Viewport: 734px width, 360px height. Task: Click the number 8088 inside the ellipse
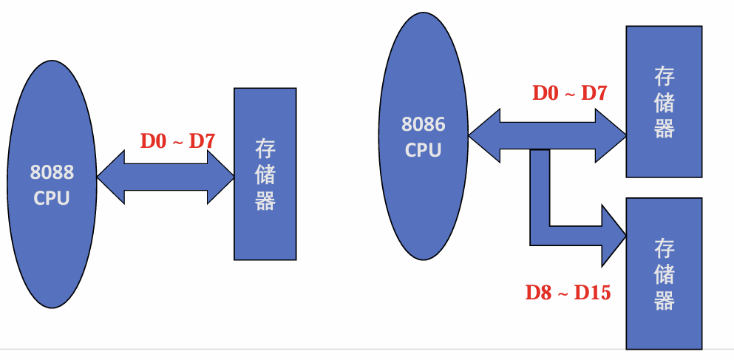[x=52, y=173]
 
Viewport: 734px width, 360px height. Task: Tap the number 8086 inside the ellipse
[x=424, y=124]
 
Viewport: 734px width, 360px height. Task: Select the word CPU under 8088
[x=52, y=198]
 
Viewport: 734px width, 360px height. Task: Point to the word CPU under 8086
[x=424, y=150]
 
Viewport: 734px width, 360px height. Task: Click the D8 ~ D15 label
[x=568, y=293]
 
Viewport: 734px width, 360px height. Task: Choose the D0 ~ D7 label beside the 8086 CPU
[x=569, y=94]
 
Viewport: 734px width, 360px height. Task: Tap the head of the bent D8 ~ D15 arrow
[x=613, y=234]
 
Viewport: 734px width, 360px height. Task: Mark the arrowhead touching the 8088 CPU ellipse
[x=111, y=177]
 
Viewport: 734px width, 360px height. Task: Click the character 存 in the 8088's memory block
[x=265, y=150]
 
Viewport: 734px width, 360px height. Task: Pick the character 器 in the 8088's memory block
[x=265, y=200]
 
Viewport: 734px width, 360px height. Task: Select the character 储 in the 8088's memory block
[x=265, y=175]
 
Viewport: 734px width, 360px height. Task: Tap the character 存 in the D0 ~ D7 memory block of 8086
[x=664, y=76]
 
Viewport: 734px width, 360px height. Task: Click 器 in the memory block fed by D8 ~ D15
[x=664, y=300]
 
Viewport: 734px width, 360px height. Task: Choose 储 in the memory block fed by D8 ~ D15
[x=664, y=274]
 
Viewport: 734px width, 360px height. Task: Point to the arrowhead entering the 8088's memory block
[x=220, y=177]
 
